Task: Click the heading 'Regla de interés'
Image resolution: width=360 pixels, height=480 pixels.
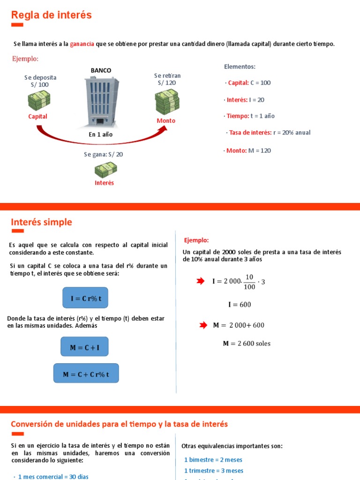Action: (51, 15)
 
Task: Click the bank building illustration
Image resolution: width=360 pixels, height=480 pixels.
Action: (101, 100)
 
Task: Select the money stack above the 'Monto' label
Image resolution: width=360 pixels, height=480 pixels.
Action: (166, 102)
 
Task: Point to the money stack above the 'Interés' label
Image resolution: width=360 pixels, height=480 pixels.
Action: (105, 169)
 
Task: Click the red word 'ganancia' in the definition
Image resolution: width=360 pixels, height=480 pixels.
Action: (82, 44)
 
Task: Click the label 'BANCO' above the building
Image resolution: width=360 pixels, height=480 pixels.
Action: (101, 70)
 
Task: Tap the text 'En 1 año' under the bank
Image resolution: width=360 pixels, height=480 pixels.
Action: (101, 134)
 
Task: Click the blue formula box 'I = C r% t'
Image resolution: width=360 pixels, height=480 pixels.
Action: (86, 298)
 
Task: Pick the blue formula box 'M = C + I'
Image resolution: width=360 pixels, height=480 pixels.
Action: (84, 347)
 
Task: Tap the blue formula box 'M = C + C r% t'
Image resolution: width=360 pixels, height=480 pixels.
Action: (86, 374)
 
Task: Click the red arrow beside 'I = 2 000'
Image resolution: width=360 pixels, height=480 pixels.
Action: (201, 281)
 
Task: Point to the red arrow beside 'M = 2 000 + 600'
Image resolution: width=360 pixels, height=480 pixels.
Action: (201, 325)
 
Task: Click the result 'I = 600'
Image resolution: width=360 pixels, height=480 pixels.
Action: (239, 305)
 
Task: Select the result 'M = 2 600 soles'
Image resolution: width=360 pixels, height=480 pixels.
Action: (247, 344)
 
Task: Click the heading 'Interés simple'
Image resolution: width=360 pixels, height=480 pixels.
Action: (42, 222)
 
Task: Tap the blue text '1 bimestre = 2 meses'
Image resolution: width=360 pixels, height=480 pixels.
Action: (213, 460)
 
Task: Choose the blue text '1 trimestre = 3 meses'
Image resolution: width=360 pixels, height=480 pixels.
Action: (214, 471)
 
